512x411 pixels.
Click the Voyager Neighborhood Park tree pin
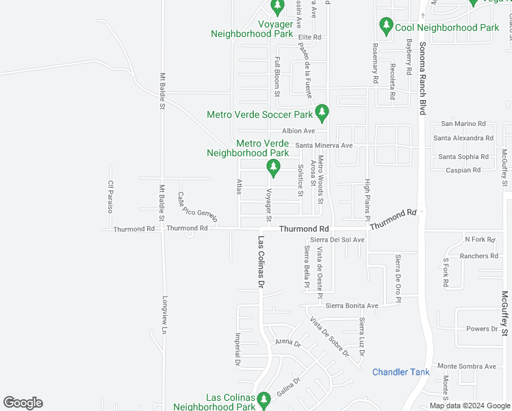(277, 8)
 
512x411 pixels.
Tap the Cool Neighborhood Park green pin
(386, 27)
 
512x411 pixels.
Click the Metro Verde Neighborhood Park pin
(274, 167)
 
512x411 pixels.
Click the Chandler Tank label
(400, 372)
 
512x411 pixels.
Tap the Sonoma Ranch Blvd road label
(422, 75)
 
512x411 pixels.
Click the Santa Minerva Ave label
(324, 145)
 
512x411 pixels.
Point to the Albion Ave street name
(298, 131)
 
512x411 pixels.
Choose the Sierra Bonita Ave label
(352, 306)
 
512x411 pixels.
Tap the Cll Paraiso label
(110, 196)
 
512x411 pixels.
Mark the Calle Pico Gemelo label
(197, 207)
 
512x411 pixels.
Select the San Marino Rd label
(463, 124)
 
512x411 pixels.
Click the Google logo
(23, 403)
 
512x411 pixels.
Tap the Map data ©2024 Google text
(470, 406)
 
